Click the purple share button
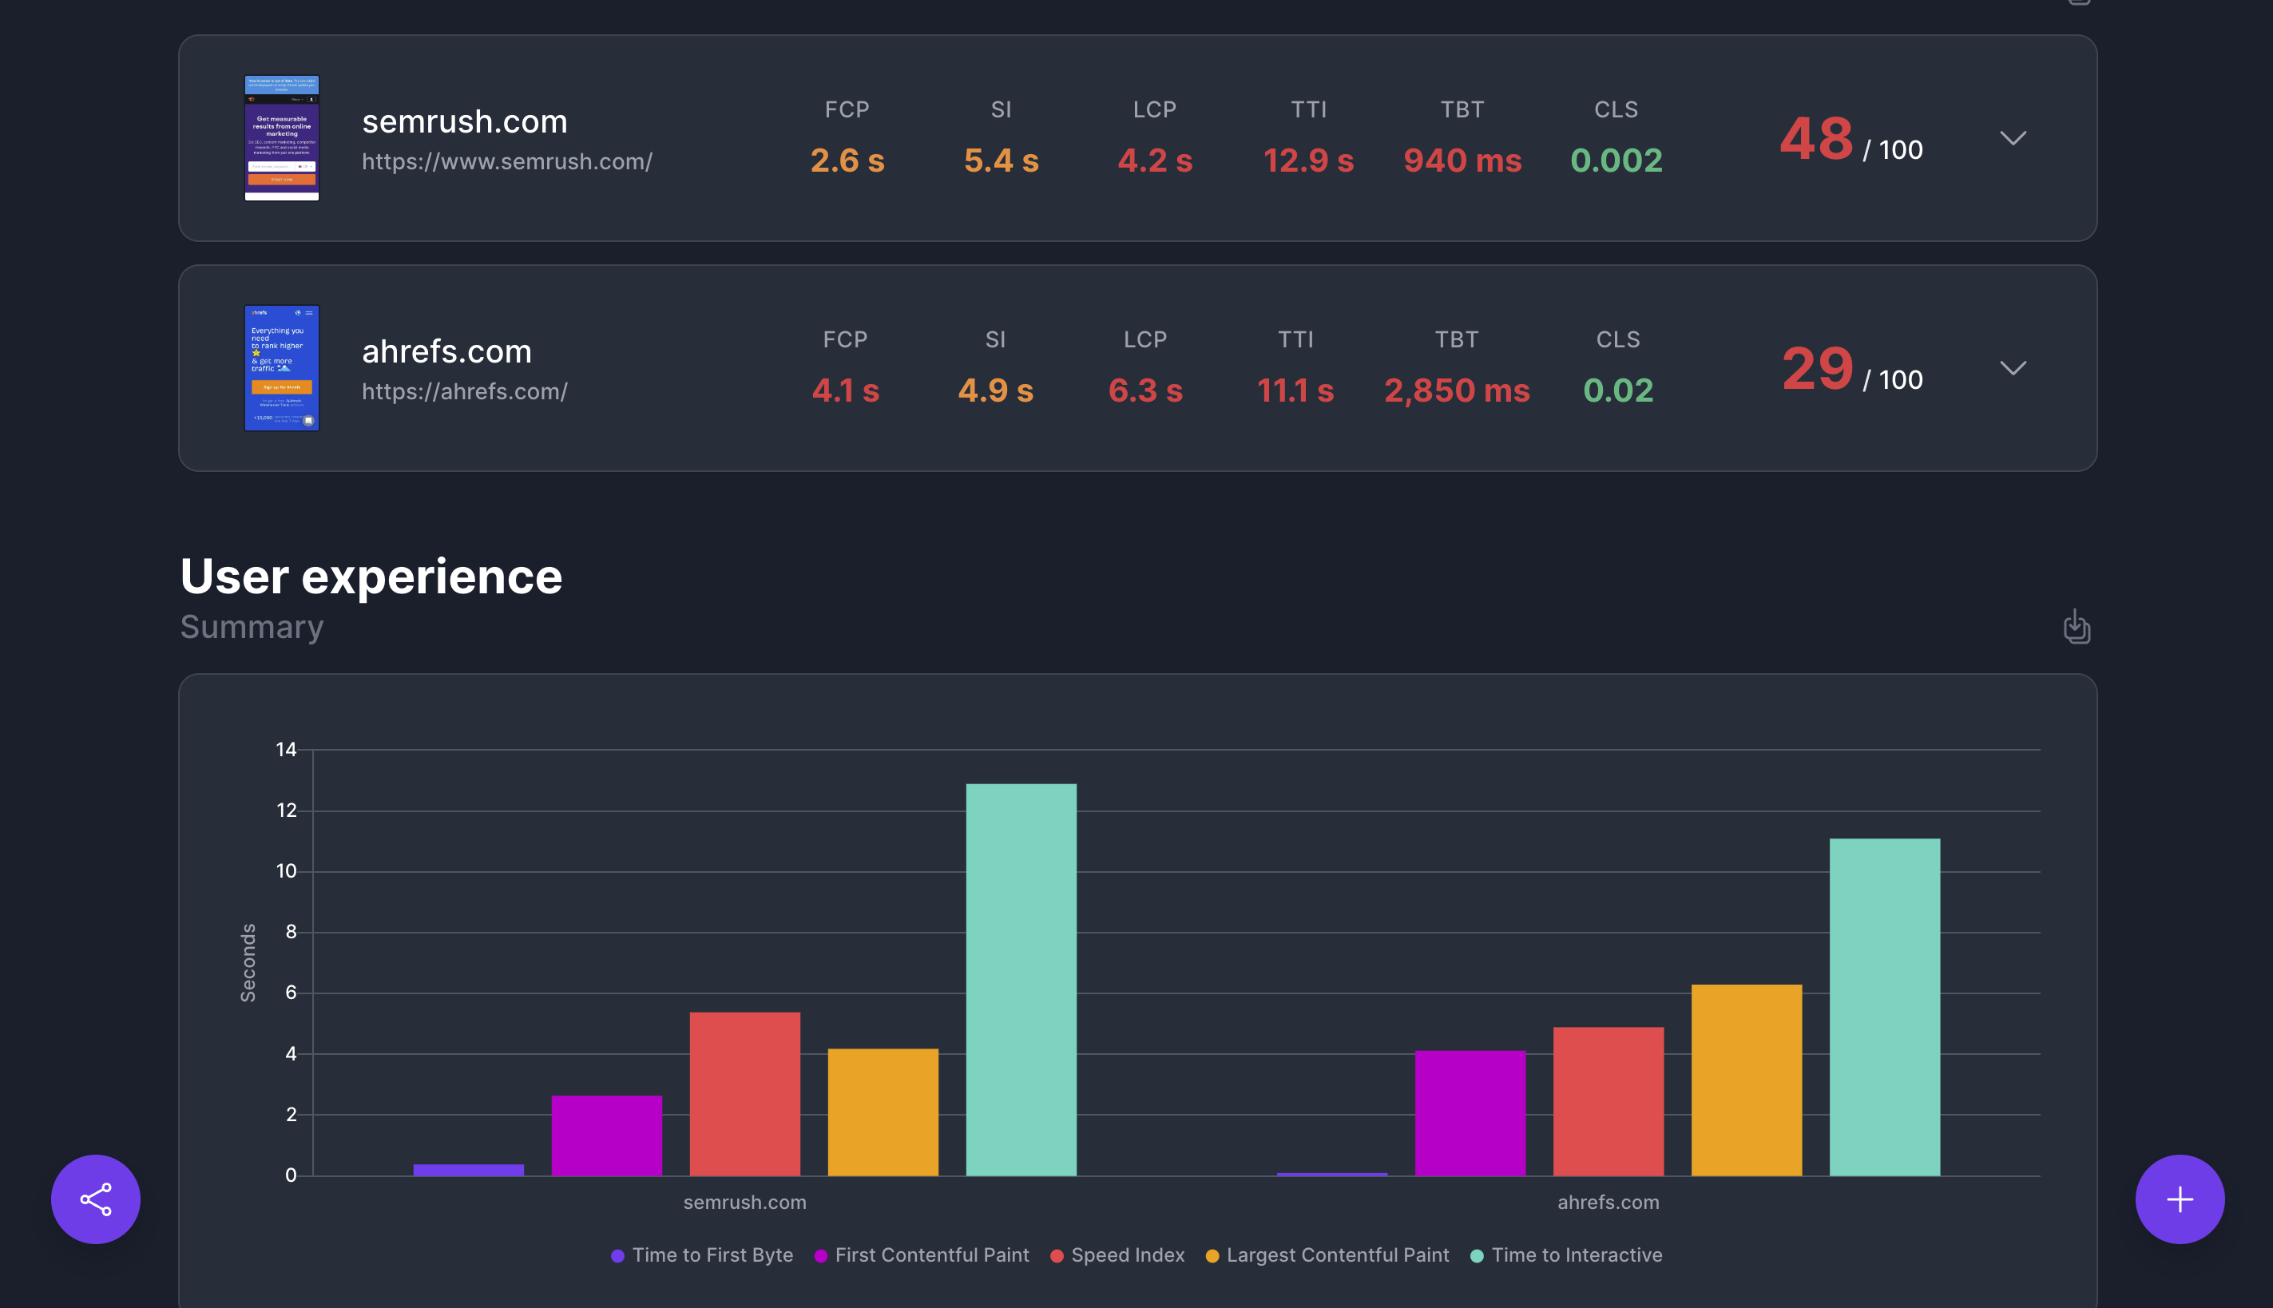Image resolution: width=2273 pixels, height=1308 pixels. [x=95, y=1199]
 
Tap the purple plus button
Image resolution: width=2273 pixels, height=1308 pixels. [x=2179, y=1199]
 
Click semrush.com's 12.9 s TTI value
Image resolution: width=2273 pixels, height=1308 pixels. [x=1307, y=161]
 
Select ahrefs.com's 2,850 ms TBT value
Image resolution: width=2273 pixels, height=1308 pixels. [x=1455, y=390]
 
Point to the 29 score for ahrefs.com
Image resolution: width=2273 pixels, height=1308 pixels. [x=1817, y=369]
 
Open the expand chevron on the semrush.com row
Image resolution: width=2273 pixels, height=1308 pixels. [x=2013, y=138]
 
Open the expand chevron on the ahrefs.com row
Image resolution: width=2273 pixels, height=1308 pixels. [x=2013, y=368]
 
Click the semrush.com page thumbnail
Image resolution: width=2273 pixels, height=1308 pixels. [x=281, y=138]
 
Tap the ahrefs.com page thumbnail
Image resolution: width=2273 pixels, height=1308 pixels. [x=281, y=368]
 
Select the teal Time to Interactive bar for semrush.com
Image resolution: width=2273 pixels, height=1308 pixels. [x=1021, y=979]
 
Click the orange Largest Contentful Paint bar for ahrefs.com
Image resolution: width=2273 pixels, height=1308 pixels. [x=1746, y=1080]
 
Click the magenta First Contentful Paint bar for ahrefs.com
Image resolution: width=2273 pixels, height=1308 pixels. [x=1469, y=1112]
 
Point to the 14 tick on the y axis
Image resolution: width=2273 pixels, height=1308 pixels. [x=286, y=749]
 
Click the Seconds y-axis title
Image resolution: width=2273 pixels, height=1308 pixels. [x=248, y=962]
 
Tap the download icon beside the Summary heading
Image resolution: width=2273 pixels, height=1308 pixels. [x=2076, y=626]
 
